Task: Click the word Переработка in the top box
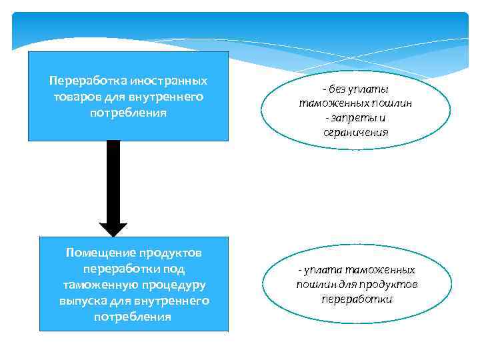81,81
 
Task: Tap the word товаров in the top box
74,97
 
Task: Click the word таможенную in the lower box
95,285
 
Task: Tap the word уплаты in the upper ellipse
371,89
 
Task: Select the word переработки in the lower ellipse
357,299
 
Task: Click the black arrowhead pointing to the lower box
114,225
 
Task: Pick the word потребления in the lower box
133,317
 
